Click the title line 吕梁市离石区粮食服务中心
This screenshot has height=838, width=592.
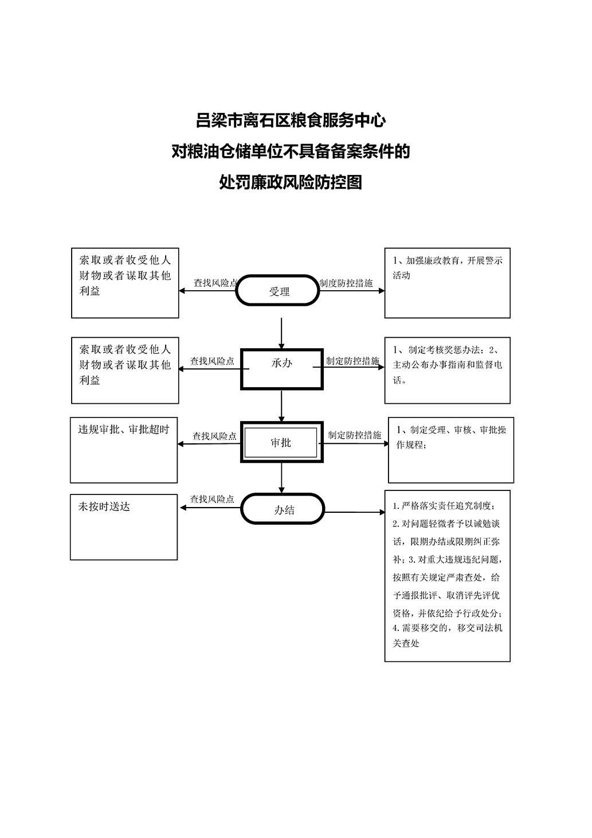[x=291, y=120]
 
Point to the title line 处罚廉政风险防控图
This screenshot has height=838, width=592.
[x=291, y=182]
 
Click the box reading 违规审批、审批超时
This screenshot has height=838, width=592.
[x=124, y=450]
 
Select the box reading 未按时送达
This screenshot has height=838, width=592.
[x=124, y=527]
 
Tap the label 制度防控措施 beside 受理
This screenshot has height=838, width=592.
[x=346, y=283]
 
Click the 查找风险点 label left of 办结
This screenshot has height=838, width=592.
[x=212, y=499]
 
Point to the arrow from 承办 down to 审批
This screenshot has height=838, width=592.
[x=281, y=406]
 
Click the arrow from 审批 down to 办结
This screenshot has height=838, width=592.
[x=281, y=478]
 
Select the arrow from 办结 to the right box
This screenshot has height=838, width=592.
[x=355, y=512]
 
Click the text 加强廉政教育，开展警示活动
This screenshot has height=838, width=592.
[x=448, y=268]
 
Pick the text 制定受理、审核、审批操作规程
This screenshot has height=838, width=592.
[x=451, y=437]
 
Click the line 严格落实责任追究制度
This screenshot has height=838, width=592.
[x=444, y=506]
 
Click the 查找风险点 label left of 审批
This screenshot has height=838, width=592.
[x=214, y=436]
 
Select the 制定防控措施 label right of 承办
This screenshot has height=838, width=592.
[x=353, y=361]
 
